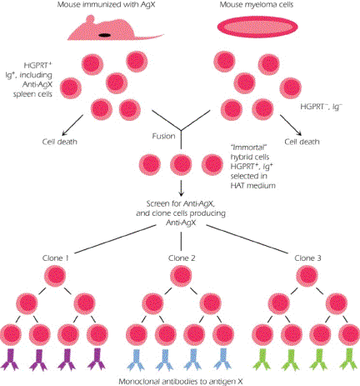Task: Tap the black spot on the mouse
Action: (104, 36)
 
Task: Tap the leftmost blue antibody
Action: (137, 358)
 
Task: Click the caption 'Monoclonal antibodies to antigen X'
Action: (179, 379)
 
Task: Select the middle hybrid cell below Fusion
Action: (179, 163)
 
